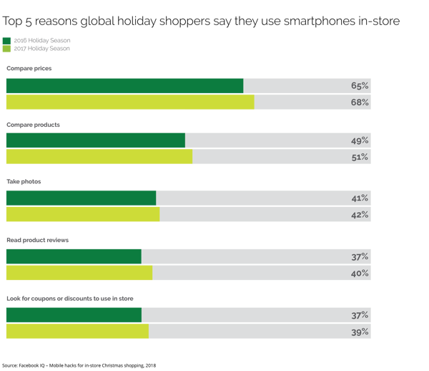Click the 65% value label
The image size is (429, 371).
pyautogui.click(x=360, y=86)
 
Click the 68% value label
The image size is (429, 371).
pyautogui.click(x=360, y=102)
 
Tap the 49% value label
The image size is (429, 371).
pyautogui.click(x=360, y=140)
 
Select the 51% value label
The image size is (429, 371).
pyautogui.click(x=360, y=157)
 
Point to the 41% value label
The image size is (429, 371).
pyautogui.click(x=360, y=198)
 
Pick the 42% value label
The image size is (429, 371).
pyautogui.click(x=360, y=215)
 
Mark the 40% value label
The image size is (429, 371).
pyautogui.click(x=360, y=273)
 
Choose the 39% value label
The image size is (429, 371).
pyautogui.click(x=360, y=332)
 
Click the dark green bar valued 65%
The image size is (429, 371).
pyautogui.click(x=124, y=86)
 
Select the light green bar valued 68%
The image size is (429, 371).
pyautogui.click(x=130, y=102)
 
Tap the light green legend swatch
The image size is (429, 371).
pyautogui.click(x=7, y=49)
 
